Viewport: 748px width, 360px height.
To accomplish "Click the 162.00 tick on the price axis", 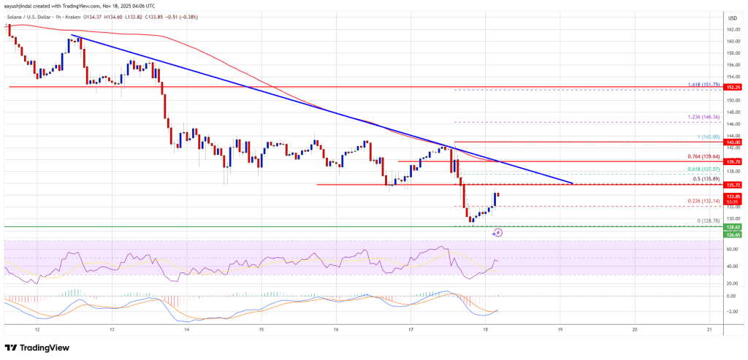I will (731, 30).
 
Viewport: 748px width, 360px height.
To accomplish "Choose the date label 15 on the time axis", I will (261, 330).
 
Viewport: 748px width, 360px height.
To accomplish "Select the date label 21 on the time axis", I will (709, 330).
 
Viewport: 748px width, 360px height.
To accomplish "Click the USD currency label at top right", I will (731, 17).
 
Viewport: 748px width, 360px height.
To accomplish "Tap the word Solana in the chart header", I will (14, 7).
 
